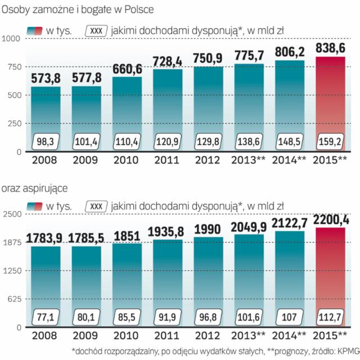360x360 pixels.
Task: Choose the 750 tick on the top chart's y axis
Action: click(12, 66)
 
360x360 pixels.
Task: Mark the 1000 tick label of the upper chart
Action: click(11, 38)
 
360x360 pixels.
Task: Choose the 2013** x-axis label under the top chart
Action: click(249, 160)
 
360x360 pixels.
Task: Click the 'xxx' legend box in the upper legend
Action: click(96, 31)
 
